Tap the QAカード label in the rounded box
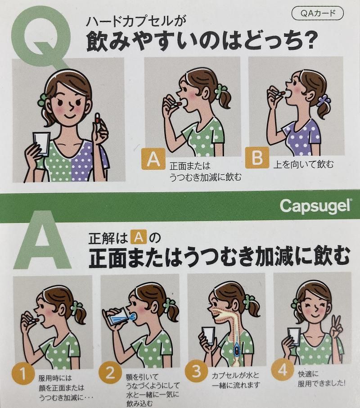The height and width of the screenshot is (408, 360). point(318,14)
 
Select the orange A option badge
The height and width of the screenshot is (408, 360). point(153,159)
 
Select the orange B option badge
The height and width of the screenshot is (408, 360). point(257,157)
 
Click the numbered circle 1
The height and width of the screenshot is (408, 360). point(22,375)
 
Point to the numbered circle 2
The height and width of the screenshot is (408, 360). point(110,373)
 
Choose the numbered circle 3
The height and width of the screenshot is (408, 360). point(196,372)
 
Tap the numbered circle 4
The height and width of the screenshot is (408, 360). point(283,370)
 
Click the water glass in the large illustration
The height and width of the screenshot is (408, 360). point(41,144)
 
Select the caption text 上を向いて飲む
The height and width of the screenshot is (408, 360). point(303,164)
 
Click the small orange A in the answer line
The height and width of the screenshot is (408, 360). point(139,238)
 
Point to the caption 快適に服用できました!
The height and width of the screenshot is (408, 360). point(321,379)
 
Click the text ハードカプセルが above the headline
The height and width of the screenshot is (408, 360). point(136,22)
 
